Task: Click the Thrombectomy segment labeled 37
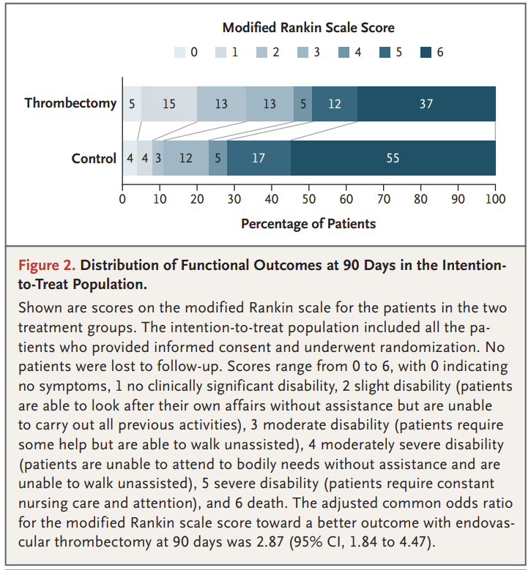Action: tap(426, 104)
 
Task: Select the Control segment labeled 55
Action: tap(393, 158)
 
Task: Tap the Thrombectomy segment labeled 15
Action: tap(169, 104)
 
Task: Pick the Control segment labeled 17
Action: tap(259, 158)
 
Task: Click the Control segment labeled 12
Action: tap(186, 158)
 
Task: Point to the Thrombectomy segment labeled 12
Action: tap(335, 104)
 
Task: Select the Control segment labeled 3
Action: tap(158, 158)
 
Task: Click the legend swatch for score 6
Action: tap(426, 53)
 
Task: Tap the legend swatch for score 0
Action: tap(179, 53)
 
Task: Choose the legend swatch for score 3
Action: tap(302, 53)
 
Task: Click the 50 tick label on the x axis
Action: tap(309, 199)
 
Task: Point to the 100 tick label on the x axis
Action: tap(495, 199)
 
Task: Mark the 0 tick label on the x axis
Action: tap(122, 199)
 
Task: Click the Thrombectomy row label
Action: tap(70, 103)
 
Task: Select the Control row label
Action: tap(94, 159)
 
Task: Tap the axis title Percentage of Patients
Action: tap(308, 224)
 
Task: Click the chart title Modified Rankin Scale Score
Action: tap(308, 28)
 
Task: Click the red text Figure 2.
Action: tap(47, 266)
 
